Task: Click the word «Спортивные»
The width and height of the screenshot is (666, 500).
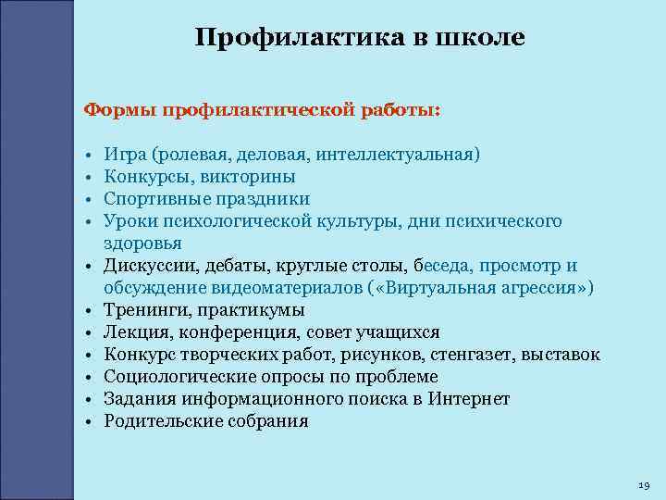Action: coord(156,198)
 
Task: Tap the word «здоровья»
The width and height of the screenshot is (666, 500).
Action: coord(142,243)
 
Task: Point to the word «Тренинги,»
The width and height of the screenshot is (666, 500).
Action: coord(147,310)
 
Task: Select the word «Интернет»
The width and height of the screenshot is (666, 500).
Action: coord(469,399)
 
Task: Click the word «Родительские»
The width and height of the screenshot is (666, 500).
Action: coord(160,421)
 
